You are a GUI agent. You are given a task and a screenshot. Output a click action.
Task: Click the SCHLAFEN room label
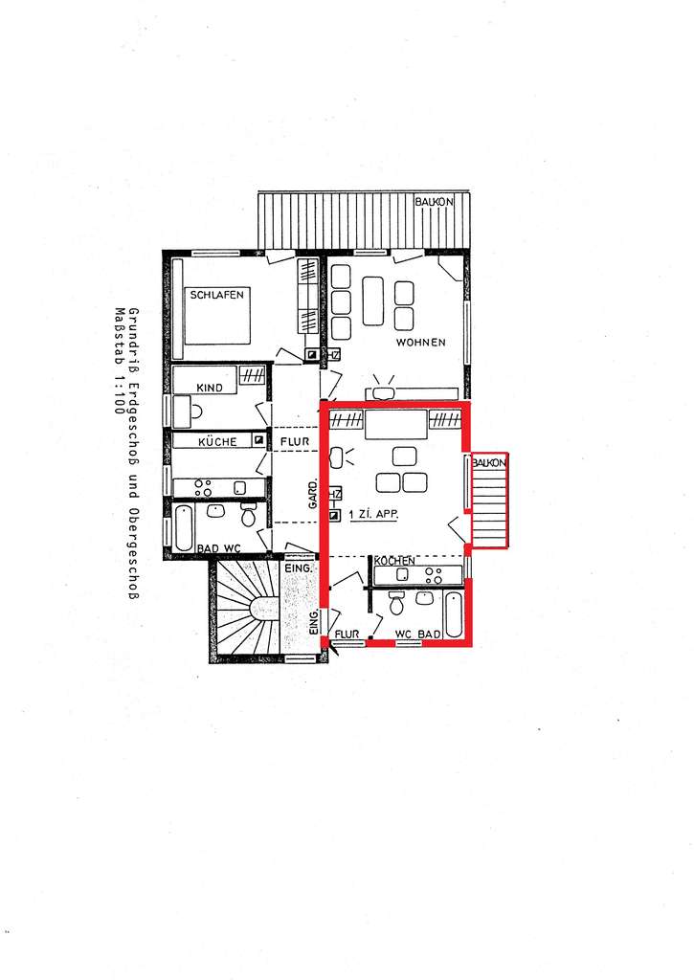click(x=217, y=295)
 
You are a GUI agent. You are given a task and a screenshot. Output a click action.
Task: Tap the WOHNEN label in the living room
click(x=421, y=342)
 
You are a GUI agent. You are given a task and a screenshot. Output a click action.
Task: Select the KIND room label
click(x=210, y=388)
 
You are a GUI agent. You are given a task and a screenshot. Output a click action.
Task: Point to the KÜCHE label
click(x=217, y=443)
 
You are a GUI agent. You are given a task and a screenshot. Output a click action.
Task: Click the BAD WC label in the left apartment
click(x=217, y=547)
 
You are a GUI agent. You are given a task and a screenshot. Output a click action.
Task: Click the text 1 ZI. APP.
click(x=374, y=514)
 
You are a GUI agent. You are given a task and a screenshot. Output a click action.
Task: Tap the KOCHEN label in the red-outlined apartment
click(x=394, y=561)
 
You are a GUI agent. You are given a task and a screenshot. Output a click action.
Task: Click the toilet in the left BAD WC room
click(x=248, y=517)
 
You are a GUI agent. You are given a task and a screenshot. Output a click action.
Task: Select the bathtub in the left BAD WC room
click(x=184, y=527)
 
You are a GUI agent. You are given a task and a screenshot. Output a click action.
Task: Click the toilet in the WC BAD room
click(x=397, y=603)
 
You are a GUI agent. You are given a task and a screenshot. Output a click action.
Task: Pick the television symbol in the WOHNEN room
click(x=384, y=390)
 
